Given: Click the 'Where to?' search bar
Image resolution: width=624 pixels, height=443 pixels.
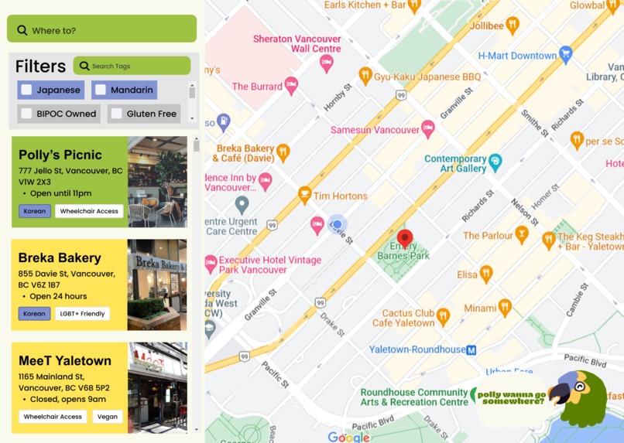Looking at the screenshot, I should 101,30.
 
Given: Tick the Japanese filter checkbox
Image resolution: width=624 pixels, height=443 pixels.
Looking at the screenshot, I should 27,90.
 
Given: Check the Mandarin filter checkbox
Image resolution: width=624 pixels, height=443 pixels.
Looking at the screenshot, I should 101,90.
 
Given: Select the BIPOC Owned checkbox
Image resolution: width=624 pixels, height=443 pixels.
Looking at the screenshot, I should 27,114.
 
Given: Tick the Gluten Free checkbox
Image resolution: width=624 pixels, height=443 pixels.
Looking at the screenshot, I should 116,114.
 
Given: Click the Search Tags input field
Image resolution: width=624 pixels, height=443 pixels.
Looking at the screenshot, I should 132,66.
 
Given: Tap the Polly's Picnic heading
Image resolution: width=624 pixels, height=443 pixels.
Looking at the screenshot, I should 60,155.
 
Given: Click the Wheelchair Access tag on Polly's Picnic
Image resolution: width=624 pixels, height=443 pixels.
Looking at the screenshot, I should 89,211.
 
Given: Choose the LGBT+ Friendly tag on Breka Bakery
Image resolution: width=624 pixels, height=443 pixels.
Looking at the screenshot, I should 82,314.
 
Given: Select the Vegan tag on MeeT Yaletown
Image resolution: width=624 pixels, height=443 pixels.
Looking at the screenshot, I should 108,417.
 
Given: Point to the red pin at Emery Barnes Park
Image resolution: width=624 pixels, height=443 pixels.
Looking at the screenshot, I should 404,237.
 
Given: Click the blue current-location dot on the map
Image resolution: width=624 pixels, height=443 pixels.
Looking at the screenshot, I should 337,225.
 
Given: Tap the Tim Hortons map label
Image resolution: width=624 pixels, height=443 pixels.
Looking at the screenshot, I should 340,196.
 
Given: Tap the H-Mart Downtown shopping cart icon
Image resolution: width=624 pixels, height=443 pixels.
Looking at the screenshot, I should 566,54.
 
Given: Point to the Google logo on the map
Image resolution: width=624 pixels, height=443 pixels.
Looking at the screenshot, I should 348,437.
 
